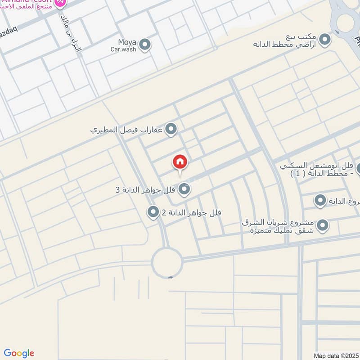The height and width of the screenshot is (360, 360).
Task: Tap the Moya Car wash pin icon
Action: pyautogui.click(x=144, y=45)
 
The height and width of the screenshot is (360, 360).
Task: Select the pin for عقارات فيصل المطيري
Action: pyautogui.click(x=171, y=130)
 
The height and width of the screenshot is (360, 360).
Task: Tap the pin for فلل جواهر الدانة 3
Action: pyautogui.click(x=184, y=189)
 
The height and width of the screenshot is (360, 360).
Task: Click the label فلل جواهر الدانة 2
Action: pyautogui.click(x=191, y=212)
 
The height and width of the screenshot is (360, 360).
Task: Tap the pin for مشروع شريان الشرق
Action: pyautogui.click(x=322, y=225)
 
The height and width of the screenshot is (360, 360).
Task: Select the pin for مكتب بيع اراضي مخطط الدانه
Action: pyautogui.click(x=324, y=40)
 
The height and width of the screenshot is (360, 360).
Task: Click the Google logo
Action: pyautogui.click(x=19, y=353)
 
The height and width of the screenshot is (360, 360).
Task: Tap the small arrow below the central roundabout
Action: pyautogui.click(x=170, y=278)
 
